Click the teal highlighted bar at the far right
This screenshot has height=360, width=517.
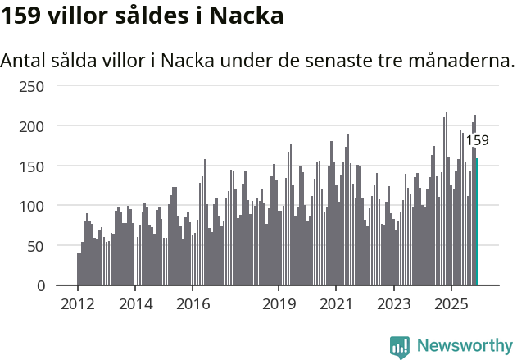tap(477, 222)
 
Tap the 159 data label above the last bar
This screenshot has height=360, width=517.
tap(477, 140)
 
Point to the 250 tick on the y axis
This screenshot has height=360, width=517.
tap(32, 86)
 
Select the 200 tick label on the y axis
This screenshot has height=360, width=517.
tap(32, 126)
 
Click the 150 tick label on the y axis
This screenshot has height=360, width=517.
tap(32, 166)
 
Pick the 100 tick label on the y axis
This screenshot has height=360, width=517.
tap(32, 206)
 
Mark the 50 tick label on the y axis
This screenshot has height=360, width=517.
tap(35, 246)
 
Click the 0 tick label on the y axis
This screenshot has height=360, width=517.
tap(39, 285)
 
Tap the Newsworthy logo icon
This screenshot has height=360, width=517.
tap(400, 347)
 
